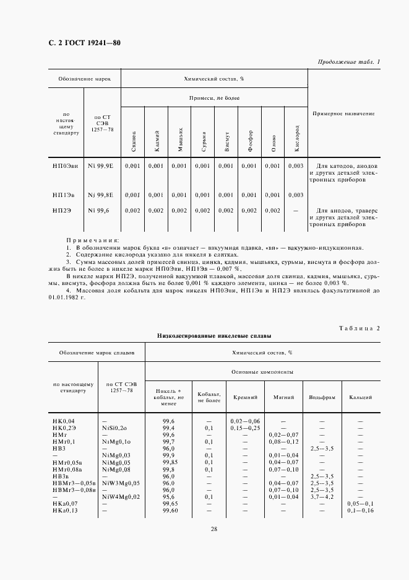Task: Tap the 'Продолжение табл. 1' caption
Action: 349,61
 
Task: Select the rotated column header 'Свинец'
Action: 134,142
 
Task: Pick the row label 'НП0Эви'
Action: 65,166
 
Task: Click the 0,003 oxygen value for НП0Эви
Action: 296,166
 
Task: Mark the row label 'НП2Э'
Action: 62,211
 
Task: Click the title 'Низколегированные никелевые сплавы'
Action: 214,335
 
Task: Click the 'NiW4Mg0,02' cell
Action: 122,497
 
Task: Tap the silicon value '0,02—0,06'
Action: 244,421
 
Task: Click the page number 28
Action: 213,529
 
